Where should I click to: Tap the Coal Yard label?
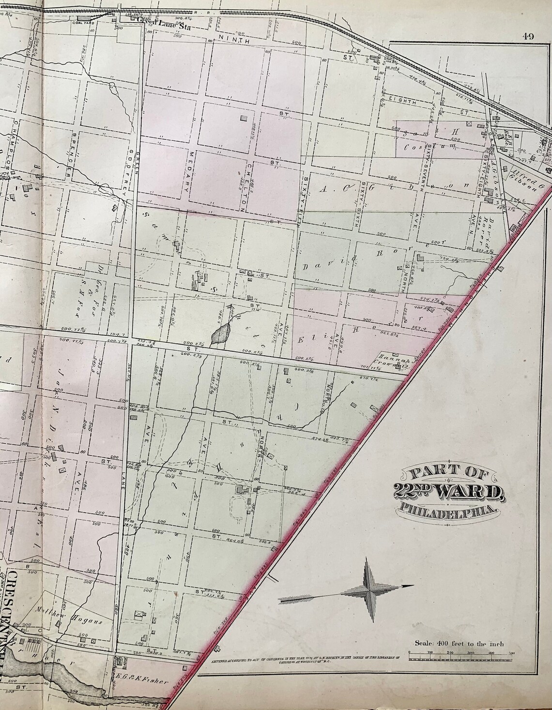[x=91, y=21]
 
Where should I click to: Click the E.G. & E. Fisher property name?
[x=143, y=682]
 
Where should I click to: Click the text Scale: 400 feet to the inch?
[x=459, y=643]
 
